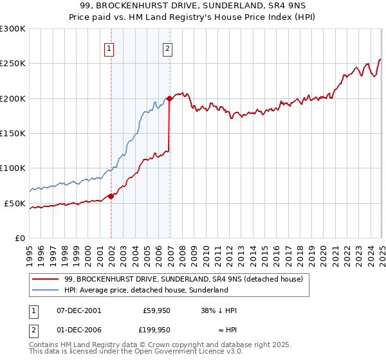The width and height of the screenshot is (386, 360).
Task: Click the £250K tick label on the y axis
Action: pyautogui.click(x=13, y=64)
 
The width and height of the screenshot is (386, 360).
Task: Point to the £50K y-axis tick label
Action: pyautogui.click(x=15, y=203)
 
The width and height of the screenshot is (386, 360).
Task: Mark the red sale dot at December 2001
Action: pyautogui.click(x=111, y=196)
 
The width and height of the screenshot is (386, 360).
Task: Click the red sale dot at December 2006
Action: pyautogui.click(x=169, y=98)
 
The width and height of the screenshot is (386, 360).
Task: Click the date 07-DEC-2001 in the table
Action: pyautogui.click(x=79, y=310)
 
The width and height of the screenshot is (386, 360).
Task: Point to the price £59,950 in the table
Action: pyautogui.click(x=157, y=310)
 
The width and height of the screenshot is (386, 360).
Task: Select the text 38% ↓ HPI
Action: pyautogui.click(x=219, y=310)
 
